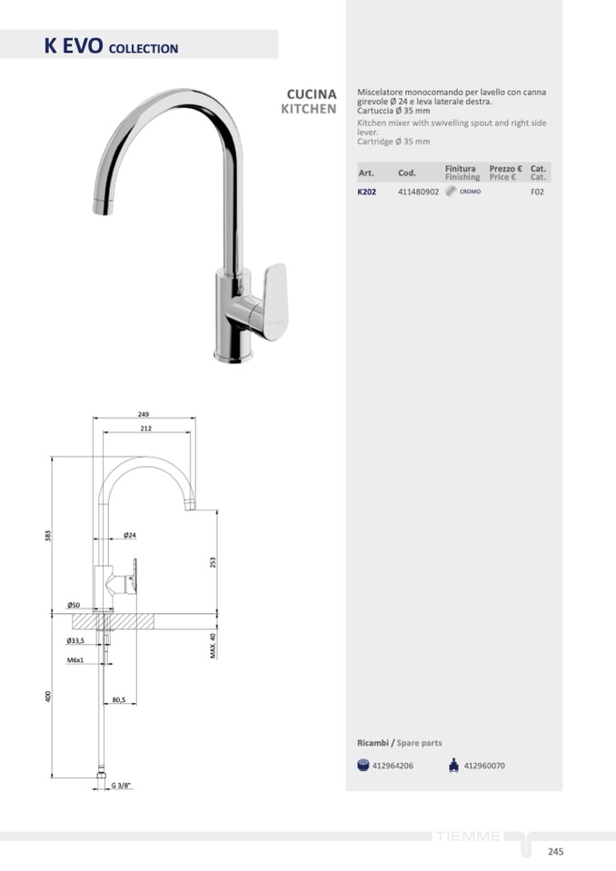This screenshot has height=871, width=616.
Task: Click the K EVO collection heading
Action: point(111,45)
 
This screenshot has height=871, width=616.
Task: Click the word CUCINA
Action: point(312,94)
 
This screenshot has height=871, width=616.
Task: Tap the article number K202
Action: point(366,192)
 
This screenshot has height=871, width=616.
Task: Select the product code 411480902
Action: point(418,192)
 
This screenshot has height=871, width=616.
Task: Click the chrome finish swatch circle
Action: point(451,191)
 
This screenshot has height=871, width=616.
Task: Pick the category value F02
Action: point(537,192)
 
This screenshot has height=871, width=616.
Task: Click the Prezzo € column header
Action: point(505,168)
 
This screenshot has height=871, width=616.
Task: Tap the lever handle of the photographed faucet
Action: point(275,301)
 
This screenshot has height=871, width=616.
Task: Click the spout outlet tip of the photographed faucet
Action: point(102,207)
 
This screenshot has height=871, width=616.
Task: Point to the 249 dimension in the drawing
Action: point(144,414)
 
